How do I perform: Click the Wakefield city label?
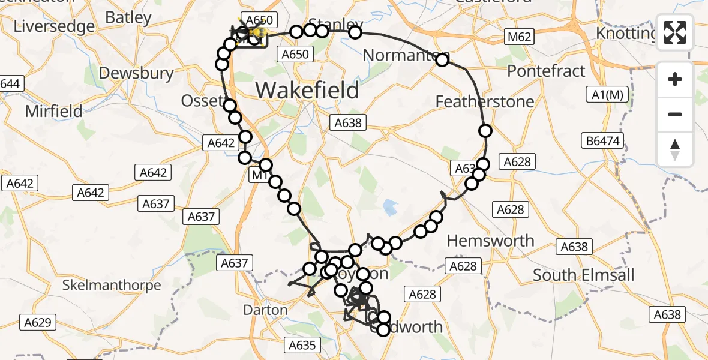[308, 90]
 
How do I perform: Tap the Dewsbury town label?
[136, 73]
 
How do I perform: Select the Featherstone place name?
[485, 101]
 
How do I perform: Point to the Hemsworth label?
[491, 241]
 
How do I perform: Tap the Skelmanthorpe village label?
[112, 285]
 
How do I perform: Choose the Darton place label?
[265, 310]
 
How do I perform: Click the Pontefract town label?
[546, 71]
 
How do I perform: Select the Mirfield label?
[53, 111]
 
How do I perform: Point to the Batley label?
[128, 17]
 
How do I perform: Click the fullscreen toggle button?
[675, 33]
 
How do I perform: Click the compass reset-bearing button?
[675, 149]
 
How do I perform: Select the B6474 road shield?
[605, 141]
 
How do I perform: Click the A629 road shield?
[37, 323]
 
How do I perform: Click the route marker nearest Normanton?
[443, 59]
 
